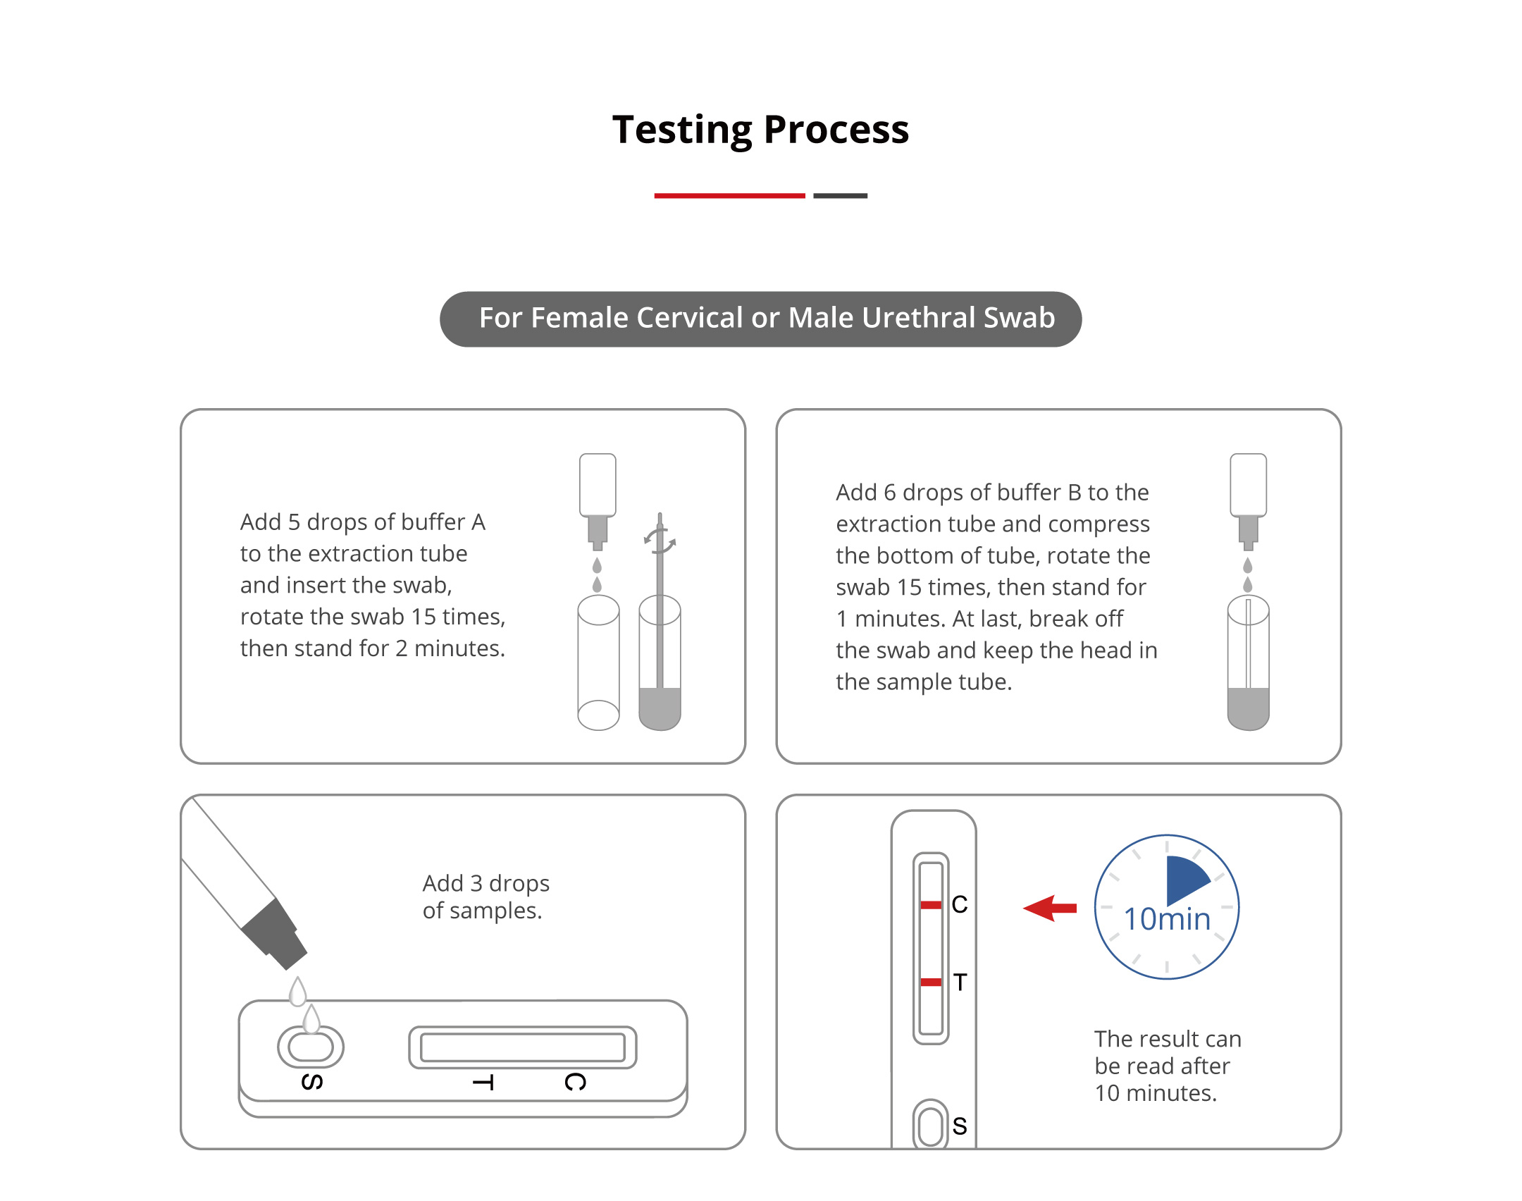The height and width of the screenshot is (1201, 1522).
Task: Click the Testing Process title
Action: click(x=760, y=130)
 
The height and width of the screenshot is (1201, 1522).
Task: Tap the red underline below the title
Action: click(x=729, y=195)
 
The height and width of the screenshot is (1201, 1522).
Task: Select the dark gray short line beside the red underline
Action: click(x=840, y=195)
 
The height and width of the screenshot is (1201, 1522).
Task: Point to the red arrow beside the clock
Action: click(x=1050, y=908)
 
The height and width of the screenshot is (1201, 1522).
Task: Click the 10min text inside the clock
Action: click(x=1167, y=919)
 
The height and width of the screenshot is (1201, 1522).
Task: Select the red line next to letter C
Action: click(x=931, y=905)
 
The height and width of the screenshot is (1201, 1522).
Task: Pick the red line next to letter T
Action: click(x=931, y=982)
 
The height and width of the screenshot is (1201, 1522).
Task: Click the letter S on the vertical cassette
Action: click(x=959, y=1126)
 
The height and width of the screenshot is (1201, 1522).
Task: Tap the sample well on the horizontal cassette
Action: click(x=311, y=1047)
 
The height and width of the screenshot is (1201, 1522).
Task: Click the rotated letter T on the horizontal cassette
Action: click(x=483, y=1083)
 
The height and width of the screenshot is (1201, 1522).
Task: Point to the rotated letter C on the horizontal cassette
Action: click(x=575, y=1082)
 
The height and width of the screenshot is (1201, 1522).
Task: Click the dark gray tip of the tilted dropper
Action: click(x=275, y=934)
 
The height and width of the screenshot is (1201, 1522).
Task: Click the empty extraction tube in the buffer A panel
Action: click(x=598, y=663)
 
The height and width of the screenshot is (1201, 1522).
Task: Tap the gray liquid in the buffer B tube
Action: click(x=1248, y=708)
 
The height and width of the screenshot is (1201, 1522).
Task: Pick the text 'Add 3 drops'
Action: click(x=486, y=883)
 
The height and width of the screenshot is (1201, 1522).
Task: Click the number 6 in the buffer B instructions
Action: click(x=889, y=492)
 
